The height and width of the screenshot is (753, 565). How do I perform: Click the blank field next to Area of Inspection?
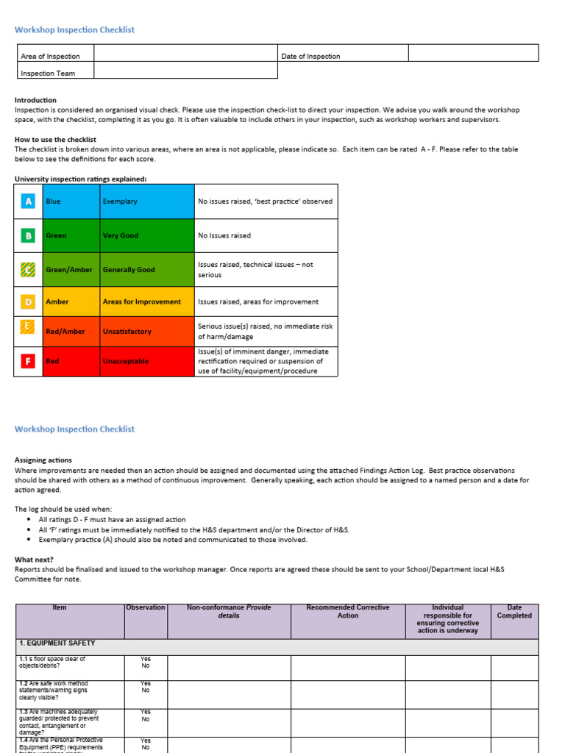coord(185,53)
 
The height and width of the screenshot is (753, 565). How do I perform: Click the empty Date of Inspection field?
coord(473,53)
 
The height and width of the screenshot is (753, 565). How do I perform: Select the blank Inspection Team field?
coord(185,70)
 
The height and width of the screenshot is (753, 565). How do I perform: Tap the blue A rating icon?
coord(29,201)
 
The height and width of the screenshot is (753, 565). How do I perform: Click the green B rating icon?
coord(29,235)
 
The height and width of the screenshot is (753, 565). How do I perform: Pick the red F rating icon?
coord(29,361)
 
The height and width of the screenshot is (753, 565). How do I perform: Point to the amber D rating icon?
coord(29,301)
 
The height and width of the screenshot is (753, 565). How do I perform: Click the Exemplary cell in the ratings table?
coord(147,201)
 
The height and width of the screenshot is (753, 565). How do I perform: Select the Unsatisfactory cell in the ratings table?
coord(147,331)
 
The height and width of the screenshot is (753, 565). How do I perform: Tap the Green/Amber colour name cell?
coord(71,269)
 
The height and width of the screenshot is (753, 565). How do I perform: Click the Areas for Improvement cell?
coord(147,301)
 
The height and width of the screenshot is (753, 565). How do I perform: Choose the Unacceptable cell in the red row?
coord(147,361)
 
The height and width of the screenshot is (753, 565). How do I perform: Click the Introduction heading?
coord(35,100)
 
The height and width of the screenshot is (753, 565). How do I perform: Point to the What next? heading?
coord(34,559)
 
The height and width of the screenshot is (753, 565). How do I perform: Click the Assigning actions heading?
coord(43,460)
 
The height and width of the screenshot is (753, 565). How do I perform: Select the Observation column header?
coord(146,608)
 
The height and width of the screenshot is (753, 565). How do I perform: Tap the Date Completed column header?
coord(514,612)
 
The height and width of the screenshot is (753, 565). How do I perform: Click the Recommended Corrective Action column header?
coord(348,612)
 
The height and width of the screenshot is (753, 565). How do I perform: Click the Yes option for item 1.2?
coord(146,684)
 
